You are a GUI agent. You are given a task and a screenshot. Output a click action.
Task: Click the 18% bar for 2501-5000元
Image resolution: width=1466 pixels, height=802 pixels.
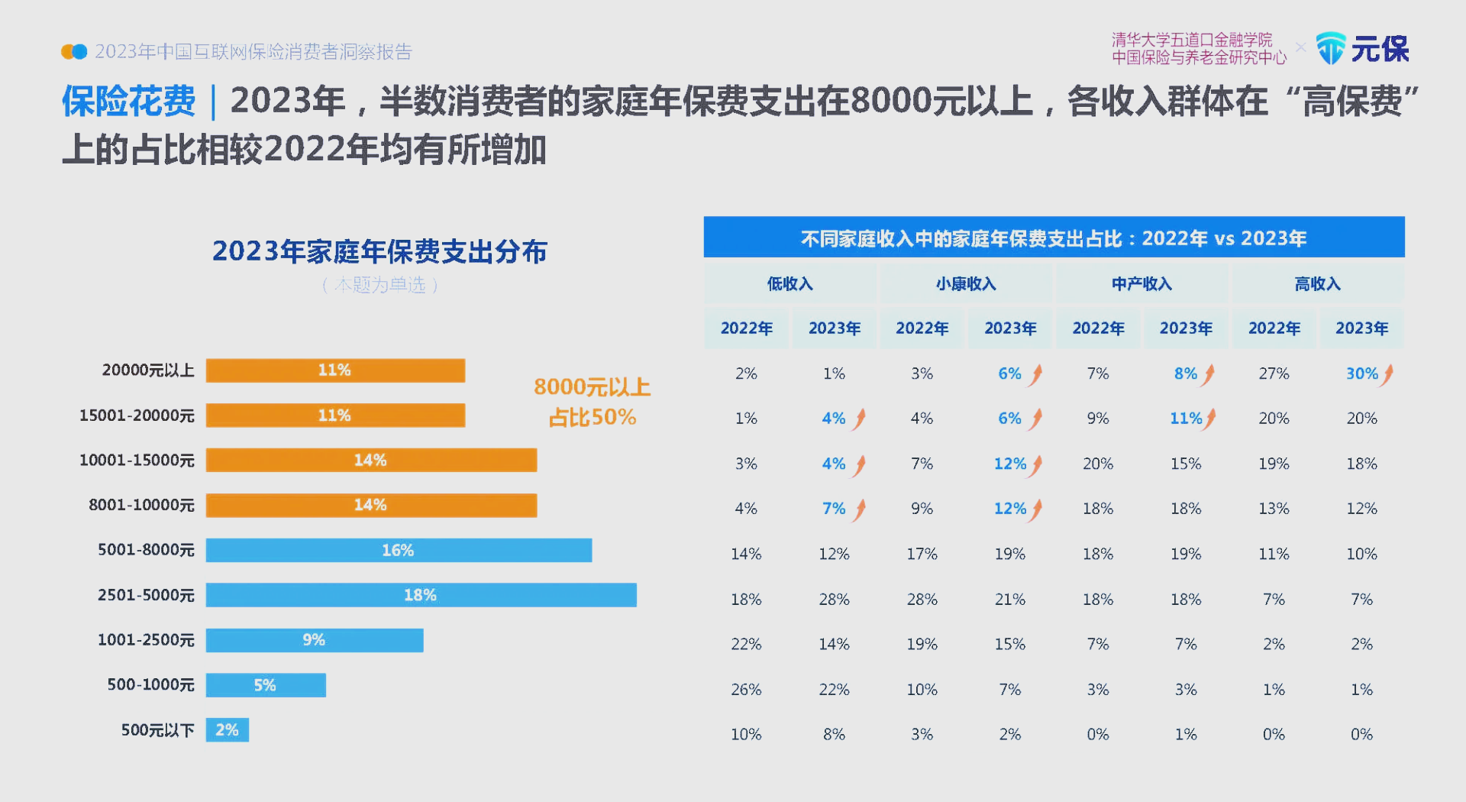click(421, 595)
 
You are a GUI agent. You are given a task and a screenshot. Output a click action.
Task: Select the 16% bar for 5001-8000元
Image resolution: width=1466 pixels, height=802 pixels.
click(399, 550)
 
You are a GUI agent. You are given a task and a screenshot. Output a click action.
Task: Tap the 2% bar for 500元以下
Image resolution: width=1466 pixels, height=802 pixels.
click(227, 730)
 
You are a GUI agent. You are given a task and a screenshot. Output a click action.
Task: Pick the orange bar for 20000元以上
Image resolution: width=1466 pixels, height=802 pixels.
click(335, 370)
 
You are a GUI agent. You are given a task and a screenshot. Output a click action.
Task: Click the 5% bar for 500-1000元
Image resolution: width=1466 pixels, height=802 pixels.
click(265, 685)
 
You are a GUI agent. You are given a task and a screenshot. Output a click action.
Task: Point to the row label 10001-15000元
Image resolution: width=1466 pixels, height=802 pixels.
click(137, 461)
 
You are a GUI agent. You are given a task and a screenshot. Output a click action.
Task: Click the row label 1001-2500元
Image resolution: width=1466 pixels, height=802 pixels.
click(146, 640)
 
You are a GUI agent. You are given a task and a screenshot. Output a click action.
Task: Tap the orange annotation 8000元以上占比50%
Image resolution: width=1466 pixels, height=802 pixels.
click(592, 402)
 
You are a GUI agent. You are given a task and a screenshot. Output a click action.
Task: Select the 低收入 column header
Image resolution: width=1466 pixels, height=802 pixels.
click(790, 284)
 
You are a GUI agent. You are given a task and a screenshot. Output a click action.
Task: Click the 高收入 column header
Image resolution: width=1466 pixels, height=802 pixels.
click(1317, 284)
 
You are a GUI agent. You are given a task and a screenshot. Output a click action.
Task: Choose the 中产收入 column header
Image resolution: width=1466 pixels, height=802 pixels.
click(1141, 284)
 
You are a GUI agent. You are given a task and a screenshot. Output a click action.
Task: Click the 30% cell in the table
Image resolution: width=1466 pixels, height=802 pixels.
click(1362, 374)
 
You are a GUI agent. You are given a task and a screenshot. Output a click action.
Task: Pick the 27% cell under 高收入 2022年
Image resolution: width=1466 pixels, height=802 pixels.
click(1274, 374)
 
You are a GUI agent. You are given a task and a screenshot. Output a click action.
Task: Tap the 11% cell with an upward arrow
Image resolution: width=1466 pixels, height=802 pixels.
click(1186, 419)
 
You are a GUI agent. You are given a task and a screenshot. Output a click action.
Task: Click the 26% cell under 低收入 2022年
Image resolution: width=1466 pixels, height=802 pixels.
click(746, 690)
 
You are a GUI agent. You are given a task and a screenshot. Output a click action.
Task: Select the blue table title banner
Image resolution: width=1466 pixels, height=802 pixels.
click(1054, 238)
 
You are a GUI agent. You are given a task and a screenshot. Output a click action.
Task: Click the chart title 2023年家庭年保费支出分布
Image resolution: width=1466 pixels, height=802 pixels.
click(379, 251)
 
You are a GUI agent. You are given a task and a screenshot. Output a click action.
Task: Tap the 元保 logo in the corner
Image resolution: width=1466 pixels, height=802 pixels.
click(1362, 49)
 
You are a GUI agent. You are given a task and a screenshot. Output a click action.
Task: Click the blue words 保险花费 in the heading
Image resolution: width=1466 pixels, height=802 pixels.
click(128, 102)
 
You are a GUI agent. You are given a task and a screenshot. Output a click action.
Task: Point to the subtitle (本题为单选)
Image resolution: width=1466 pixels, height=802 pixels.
click(379, 285)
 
